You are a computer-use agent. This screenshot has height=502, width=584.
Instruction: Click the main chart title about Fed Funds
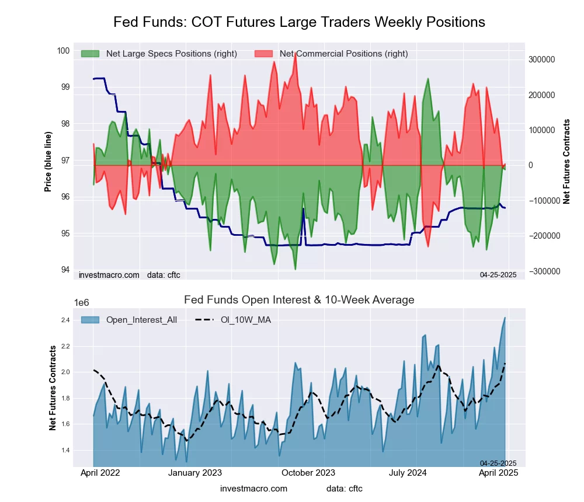(x=299, y=22)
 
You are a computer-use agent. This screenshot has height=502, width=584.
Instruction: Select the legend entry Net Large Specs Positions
(x=171, y=54)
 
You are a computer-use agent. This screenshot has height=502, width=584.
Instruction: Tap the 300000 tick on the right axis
(x=541, y=60)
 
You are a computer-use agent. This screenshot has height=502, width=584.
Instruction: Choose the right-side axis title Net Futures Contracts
(x=566, y=161)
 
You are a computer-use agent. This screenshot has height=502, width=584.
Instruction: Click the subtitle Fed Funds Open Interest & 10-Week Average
(x=299, y=300)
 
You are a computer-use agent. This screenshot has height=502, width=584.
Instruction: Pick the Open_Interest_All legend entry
(x=141, y=319)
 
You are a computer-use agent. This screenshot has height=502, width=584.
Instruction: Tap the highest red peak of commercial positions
(x=296, y=53)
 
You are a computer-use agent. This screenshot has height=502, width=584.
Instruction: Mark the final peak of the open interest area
(x=505, y=318)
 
